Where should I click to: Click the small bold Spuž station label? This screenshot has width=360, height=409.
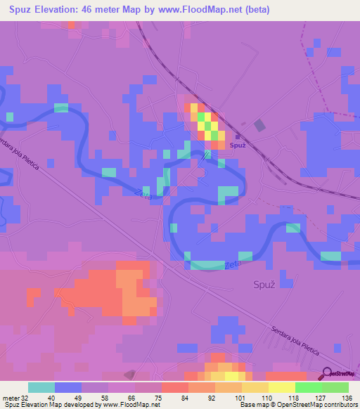[x=238, y=145]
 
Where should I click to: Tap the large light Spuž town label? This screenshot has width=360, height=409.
[x=264, y=285]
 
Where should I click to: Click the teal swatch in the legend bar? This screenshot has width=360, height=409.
[x=41, y=387]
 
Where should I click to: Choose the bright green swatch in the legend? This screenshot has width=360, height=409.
[x=308, y=387]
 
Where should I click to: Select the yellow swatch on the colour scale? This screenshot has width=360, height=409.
[x=281, y=387]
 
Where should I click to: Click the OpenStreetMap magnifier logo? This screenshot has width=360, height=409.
[x=327, y=375]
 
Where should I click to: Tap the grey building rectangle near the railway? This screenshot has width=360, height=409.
[x=260, y=125]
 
